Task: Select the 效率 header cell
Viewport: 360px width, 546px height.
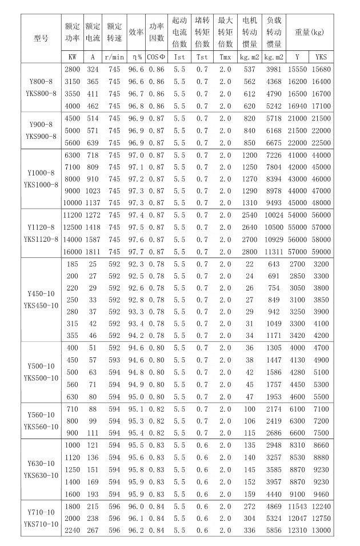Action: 135,33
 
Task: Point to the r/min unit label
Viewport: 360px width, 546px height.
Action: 114,57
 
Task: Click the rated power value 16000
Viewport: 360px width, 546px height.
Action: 73,250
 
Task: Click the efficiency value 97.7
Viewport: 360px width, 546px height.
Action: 135,250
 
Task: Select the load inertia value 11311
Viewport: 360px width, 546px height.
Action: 274,250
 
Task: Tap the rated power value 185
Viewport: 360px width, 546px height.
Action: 73,266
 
